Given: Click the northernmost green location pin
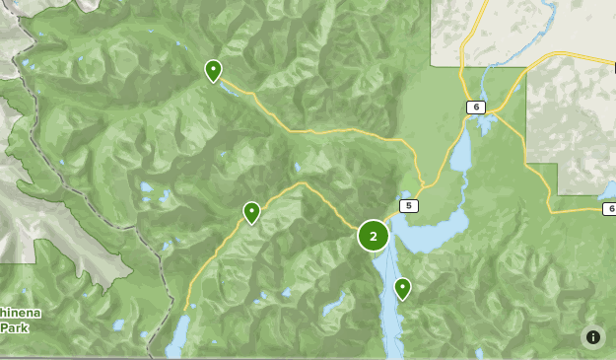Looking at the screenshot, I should click(x=213, y=70).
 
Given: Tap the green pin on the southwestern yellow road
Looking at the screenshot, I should click(x=251, y=212).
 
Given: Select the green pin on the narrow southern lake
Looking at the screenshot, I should click(x=402, y=288).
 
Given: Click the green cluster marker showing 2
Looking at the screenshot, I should click(x=373, y=236).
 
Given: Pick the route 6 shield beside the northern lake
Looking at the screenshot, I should click(x=476, y=107).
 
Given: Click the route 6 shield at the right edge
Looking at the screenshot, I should click(x=609, y=208).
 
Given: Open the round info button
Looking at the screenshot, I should click(x=593, y=337).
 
